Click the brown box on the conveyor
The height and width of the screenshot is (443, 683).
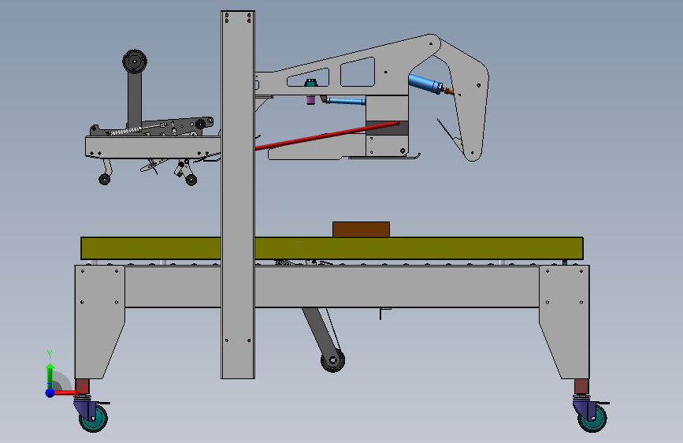(361, 229)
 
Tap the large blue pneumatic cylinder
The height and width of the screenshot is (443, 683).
(425, 84)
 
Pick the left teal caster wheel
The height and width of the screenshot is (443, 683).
(94, 418)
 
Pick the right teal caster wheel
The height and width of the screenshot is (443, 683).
(592, 419)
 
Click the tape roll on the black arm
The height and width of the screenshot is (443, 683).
(135, 61)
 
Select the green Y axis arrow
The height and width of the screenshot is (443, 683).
(50, 374)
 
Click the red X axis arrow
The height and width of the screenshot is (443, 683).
(65, 393)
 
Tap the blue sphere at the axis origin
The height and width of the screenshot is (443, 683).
(50, 393)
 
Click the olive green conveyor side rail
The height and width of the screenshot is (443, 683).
(332, 248)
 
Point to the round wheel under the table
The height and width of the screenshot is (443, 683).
(332, 360)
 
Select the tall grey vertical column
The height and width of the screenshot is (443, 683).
(238, 195)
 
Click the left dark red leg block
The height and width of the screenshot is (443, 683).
(82, 386)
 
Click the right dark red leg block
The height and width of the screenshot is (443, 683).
(581, 387)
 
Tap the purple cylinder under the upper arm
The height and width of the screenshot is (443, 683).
(310, 100)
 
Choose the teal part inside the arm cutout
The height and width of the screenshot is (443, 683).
(310, 83)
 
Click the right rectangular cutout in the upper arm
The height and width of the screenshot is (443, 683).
(358, 72)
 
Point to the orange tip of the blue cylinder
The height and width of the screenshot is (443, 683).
(448, 91)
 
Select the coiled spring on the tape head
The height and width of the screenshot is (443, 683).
(126, 131)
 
